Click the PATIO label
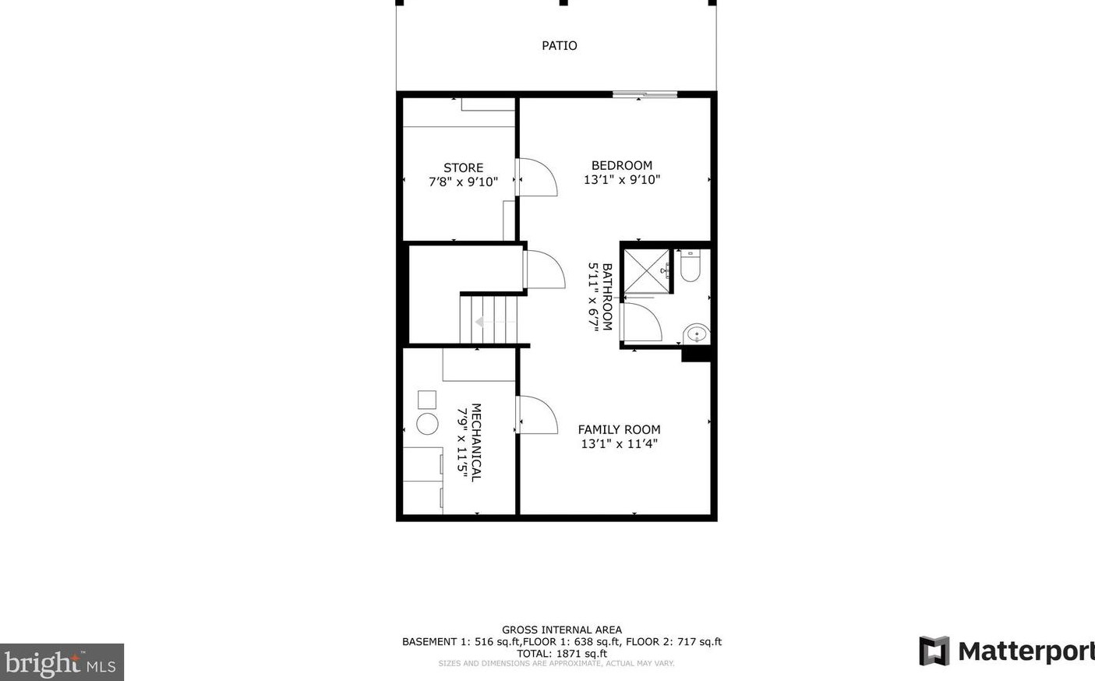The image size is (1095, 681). click(x=559, y=46)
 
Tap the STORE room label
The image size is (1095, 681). click(x=463, y=168)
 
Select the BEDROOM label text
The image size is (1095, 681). click(x=621, y=165)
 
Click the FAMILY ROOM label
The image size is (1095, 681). click(x=619, y=429)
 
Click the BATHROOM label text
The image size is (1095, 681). click(x=607, y=297)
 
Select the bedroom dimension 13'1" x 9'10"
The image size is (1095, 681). click(x=621, y=180)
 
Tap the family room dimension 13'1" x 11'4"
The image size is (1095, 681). click(x=619, y=444)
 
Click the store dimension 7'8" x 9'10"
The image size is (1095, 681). click(x=463, y=182)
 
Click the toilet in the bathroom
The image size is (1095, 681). click(x=691, y=266)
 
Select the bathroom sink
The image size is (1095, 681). click(x=697, y=334)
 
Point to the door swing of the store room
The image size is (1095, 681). click(x=537, y=177)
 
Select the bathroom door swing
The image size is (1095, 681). click(x=641, y=322)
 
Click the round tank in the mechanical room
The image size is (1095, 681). click(x=427, y=424)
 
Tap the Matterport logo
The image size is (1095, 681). click(x=1006, y=651)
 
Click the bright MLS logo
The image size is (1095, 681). click(x=62, y=663)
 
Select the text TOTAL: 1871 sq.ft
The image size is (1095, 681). click(x=561, y=654)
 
